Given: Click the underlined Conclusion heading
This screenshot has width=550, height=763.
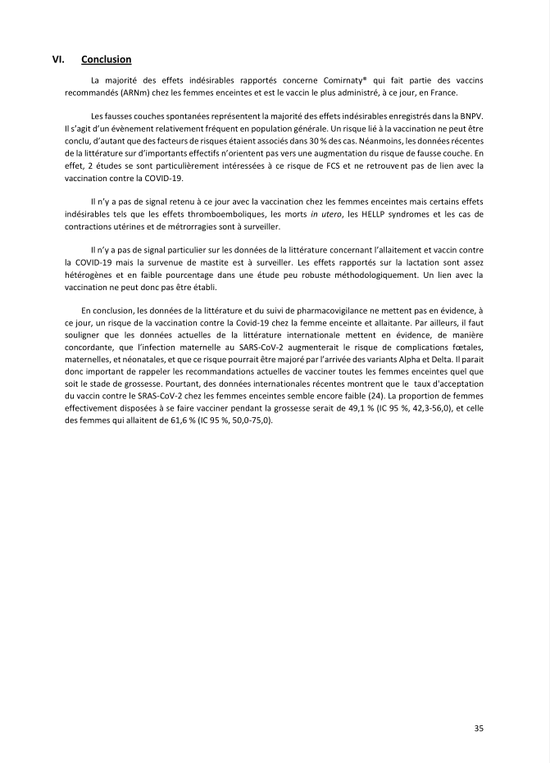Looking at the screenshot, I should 107,60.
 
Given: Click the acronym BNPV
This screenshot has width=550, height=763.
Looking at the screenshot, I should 466,116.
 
